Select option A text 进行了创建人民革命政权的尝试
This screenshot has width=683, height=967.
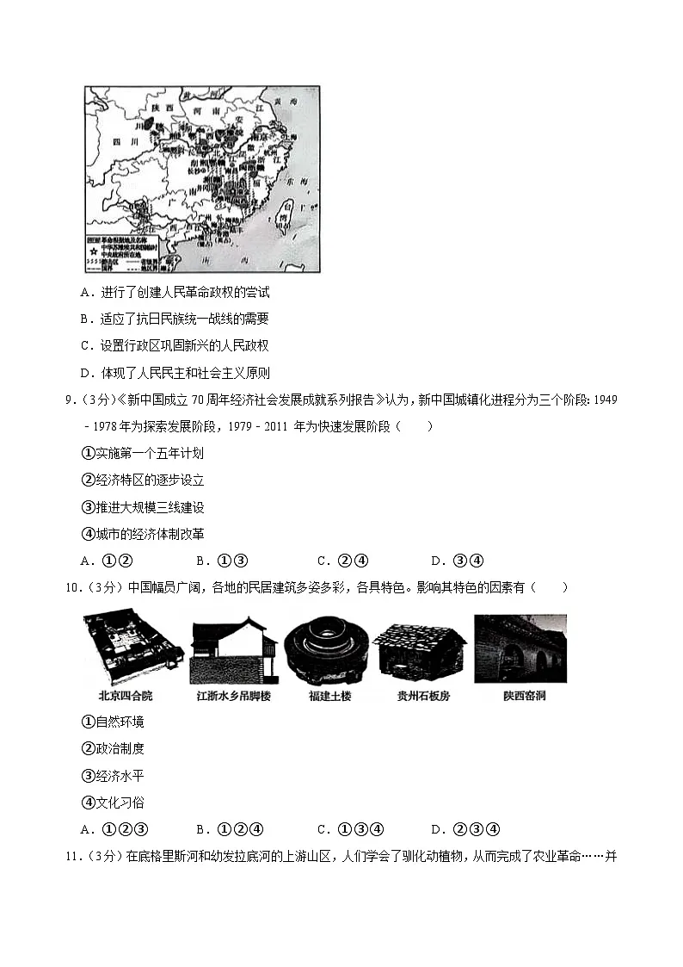tap(185, 292)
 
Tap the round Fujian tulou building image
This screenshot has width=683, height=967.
tap(327, 648)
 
